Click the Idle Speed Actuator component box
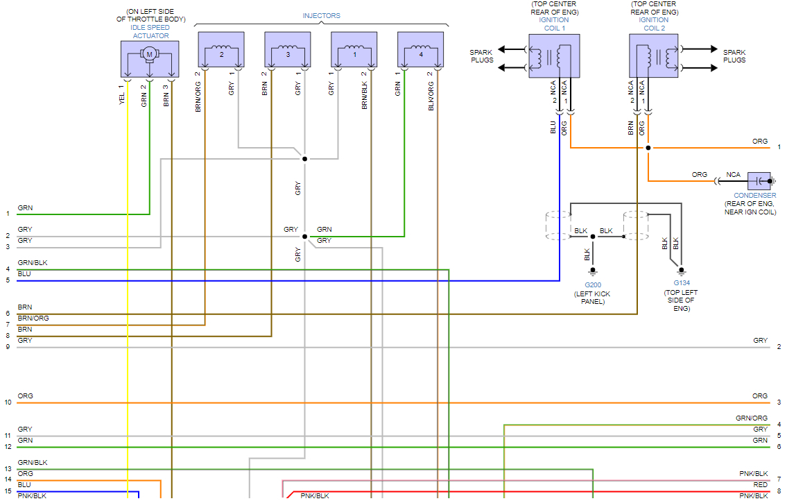(x=149, y=59)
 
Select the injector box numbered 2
(x=221, y=50)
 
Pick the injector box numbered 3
(x=287, y=50)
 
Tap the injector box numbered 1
(x=354, y=50)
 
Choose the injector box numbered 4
(x=420, y=50)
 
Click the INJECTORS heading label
(x=321, y=16)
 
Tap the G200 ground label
(x=592, y=285)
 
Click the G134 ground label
(x=682, y=283)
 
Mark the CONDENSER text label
(x=755, y=196)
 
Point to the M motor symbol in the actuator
(x=148, y=54)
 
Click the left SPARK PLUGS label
(x=481, y=56)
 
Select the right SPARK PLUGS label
(x=734, y=56)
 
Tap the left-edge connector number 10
(x=8, y=402)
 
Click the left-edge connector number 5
(x=8, y=280)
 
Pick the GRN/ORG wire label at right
(x=751, y=418)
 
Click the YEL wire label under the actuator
(x=121, y=99)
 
